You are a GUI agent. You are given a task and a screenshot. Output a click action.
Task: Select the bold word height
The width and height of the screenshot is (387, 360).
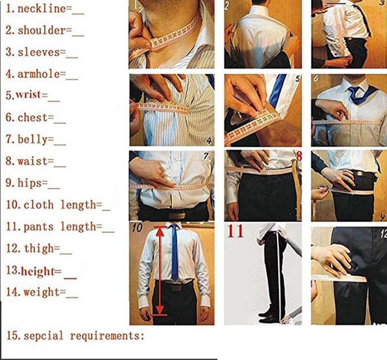click(37, 271)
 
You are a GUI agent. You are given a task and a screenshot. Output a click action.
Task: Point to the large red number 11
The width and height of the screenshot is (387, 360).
click(237, 231)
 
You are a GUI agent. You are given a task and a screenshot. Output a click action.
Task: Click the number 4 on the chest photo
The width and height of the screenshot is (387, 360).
click(208, 140)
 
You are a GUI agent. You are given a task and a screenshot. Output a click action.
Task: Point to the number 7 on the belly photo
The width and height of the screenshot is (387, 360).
click(206, 157)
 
